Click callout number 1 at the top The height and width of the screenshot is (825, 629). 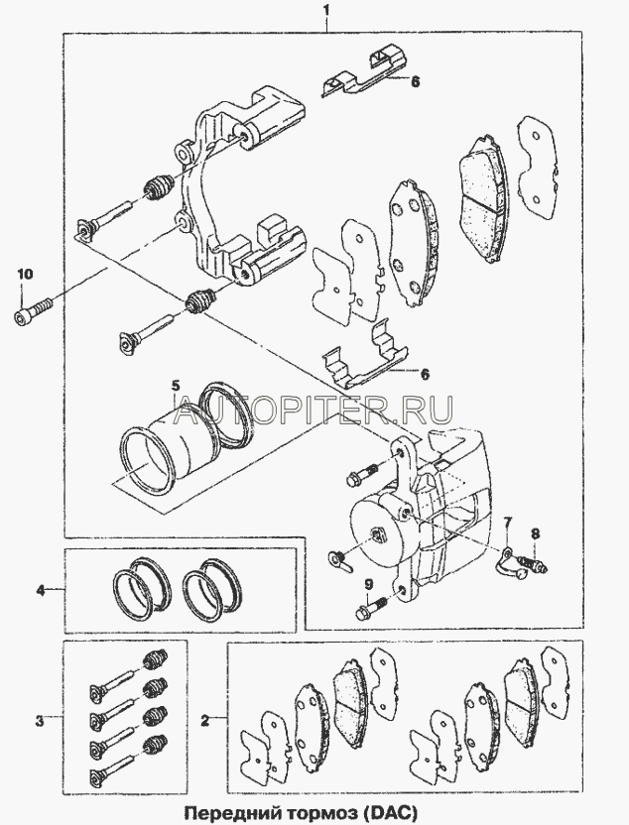pos(326,10)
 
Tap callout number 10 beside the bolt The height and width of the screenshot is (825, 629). pos(25,274)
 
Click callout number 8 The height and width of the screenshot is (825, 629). pos(535,534)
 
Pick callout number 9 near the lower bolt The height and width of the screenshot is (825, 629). pos(368,583)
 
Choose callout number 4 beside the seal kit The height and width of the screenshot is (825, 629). pos(41,591)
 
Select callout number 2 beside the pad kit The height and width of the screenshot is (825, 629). pos(205,720)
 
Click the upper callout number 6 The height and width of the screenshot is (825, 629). pos(416,81)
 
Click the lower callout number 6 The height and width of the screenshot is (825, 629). pos(426,375)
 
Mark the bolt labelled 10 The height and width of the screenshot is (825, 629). pos(33,310)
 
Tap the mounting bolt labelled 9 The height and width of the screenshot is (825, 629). pos(372,607)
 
